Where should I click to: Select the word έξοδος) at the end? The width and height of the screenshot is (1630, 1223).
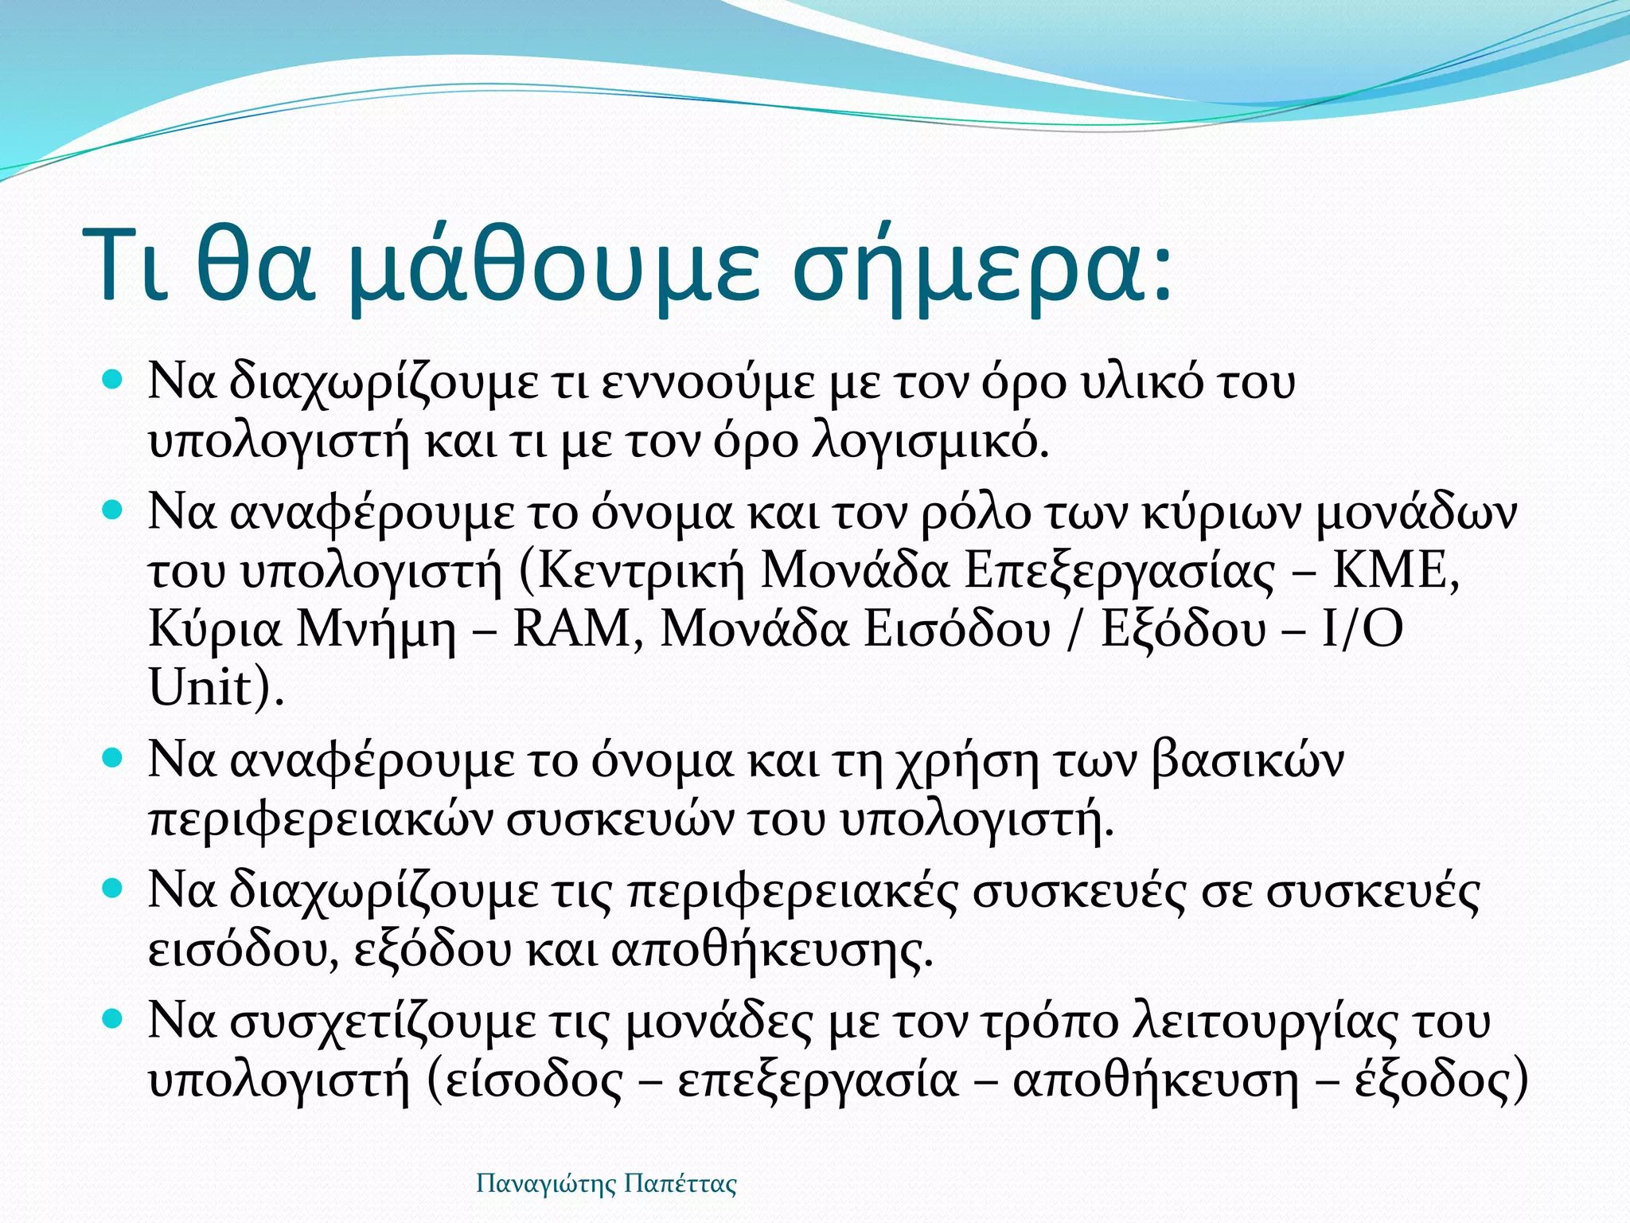click(x=1441, y=1081)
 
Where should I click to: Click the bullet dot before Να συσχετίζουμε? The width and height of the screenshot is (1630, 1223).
click(x=114, y=1017)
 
